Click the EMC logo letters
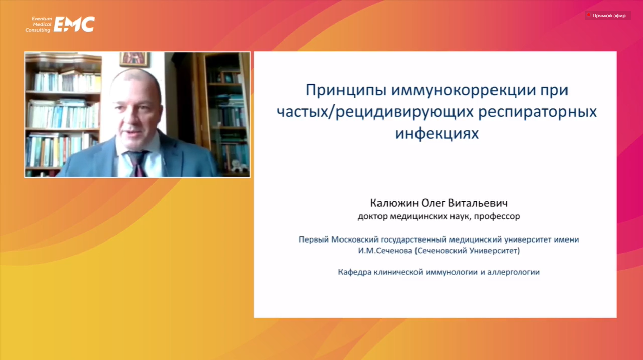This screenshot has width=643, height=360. (74, 24)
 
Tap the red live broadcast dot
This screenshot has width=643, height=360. (588, 15)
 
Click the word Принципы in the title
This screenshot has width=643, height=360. (346, 90)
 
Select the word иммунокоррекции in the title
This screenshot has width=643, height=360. (463, 90)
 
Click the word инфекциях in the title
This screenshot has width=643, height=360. (437, 133)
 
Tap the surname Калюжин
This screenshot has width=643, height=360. (394, 203)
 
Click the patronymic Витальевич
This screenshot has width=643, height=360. (478, 203)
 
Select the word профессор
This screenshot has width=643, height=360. (497, 216)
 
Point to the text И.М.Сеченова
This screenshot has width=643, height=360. (385, 251)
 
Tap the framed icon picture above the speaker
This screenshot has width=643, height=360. (134, 59)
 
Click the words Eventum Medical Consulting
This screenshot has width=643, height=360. (39, 24)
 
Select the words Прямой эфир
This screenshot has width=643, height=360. (609, 16)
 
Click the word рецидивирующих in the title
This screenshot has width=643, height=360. (404, 112)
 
